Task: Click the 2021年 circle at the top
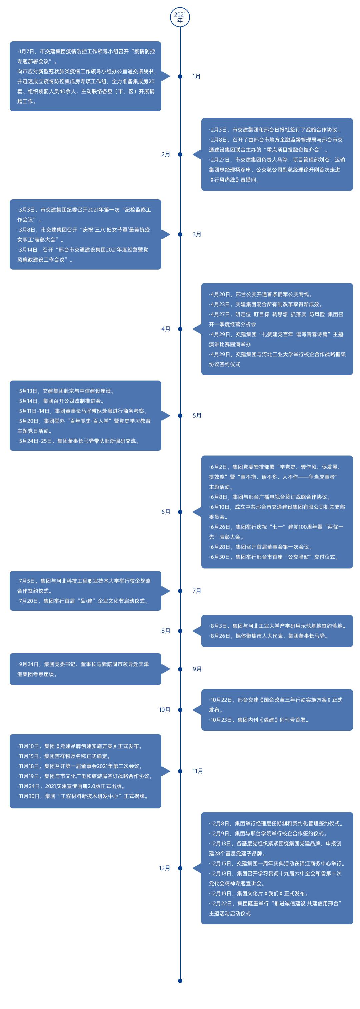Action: (180, 17)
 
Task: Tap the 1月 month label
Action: (196, 76)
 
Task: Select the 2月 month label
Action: (166, 154)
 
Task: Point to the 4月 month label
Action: (166, 329)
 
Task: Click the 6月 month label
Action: (166, 512)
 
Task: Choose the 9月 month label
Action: (197, 669)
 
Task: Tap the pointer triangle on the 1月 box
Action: (165, 76)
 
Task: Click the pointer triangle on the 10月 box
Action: (197, 710)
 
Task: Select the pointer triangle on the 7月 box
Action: (165, 591)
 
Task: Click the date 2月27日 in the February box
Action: (220, 160)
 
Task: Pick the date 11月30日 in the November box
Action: (30, 796)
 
